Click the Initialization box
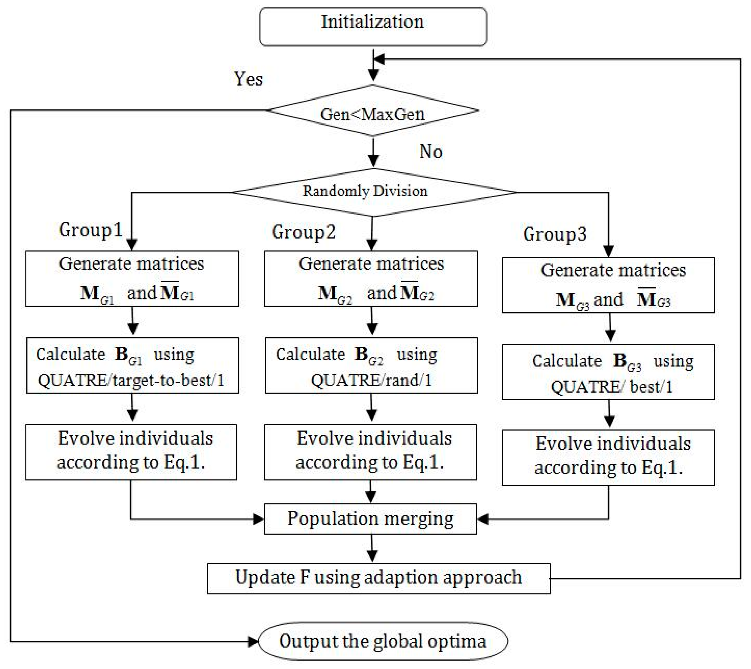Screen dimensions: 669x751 click(373, 26)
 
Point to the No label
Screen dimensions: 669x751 click(431, 152)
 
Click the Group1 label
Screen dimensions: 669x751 click(90, 230)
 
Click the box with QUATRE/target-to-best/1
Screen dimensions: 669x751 click(132, 365)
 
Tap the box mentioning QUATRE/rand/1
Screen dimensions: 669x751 click(371, 365)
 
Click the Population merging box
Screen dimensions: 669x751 click(370, 519)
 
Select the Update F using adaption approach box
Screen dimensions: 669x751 click(378, 578)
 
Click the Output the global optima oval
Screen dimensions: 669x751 click(383, 641)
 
